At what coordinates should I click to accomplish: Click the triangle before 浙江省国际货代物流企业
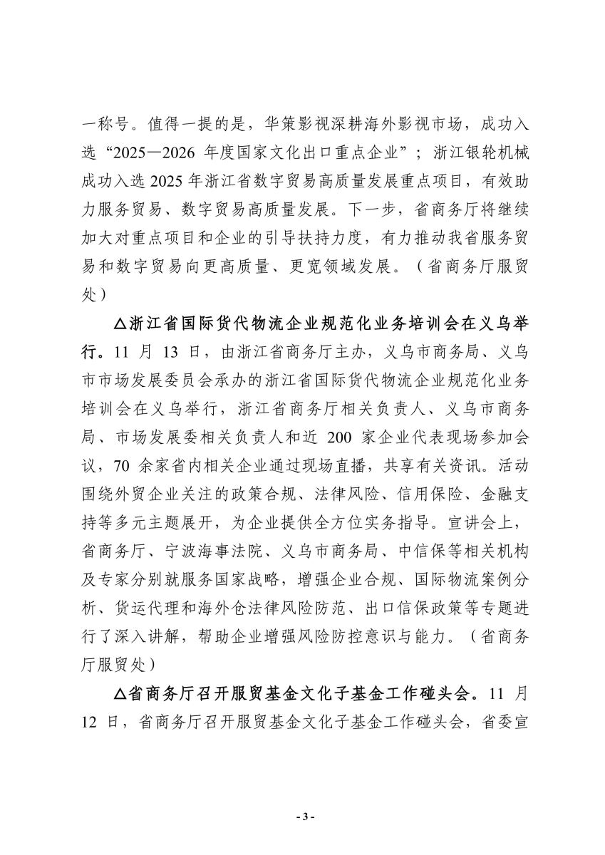click(119, 323)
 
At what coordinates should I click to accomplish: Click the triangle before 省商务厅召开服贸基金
click(119, 693)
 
